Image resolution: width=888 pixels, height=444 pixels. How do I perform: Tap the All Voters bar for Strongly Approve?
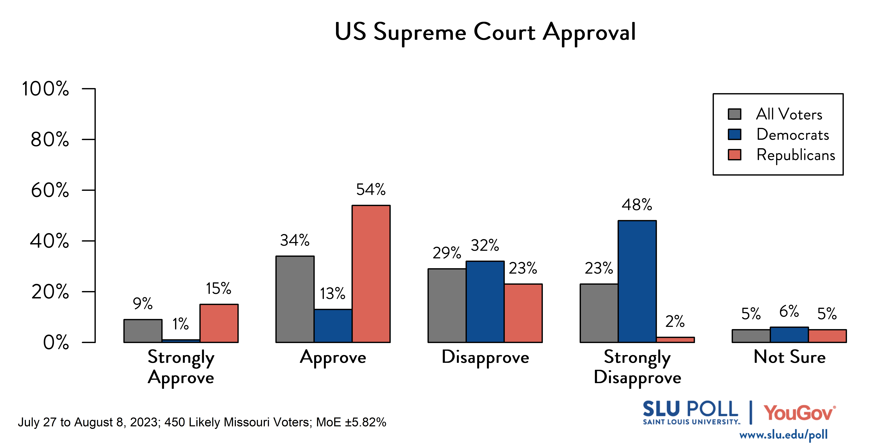click(x=143, y=331)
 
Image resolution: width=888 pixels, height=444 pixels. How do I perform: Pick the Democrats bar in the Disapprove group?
click(x=485, y=302)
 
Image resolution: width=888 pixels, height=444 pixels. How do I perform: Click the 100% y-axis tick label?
click(x=45, y=89)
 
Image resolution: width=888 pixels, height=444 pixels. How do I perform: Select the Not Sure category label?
click(x=789, y=357)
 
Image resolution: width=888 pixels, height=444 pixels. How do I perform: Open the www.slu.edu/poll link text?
click(x=783, y=435)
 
